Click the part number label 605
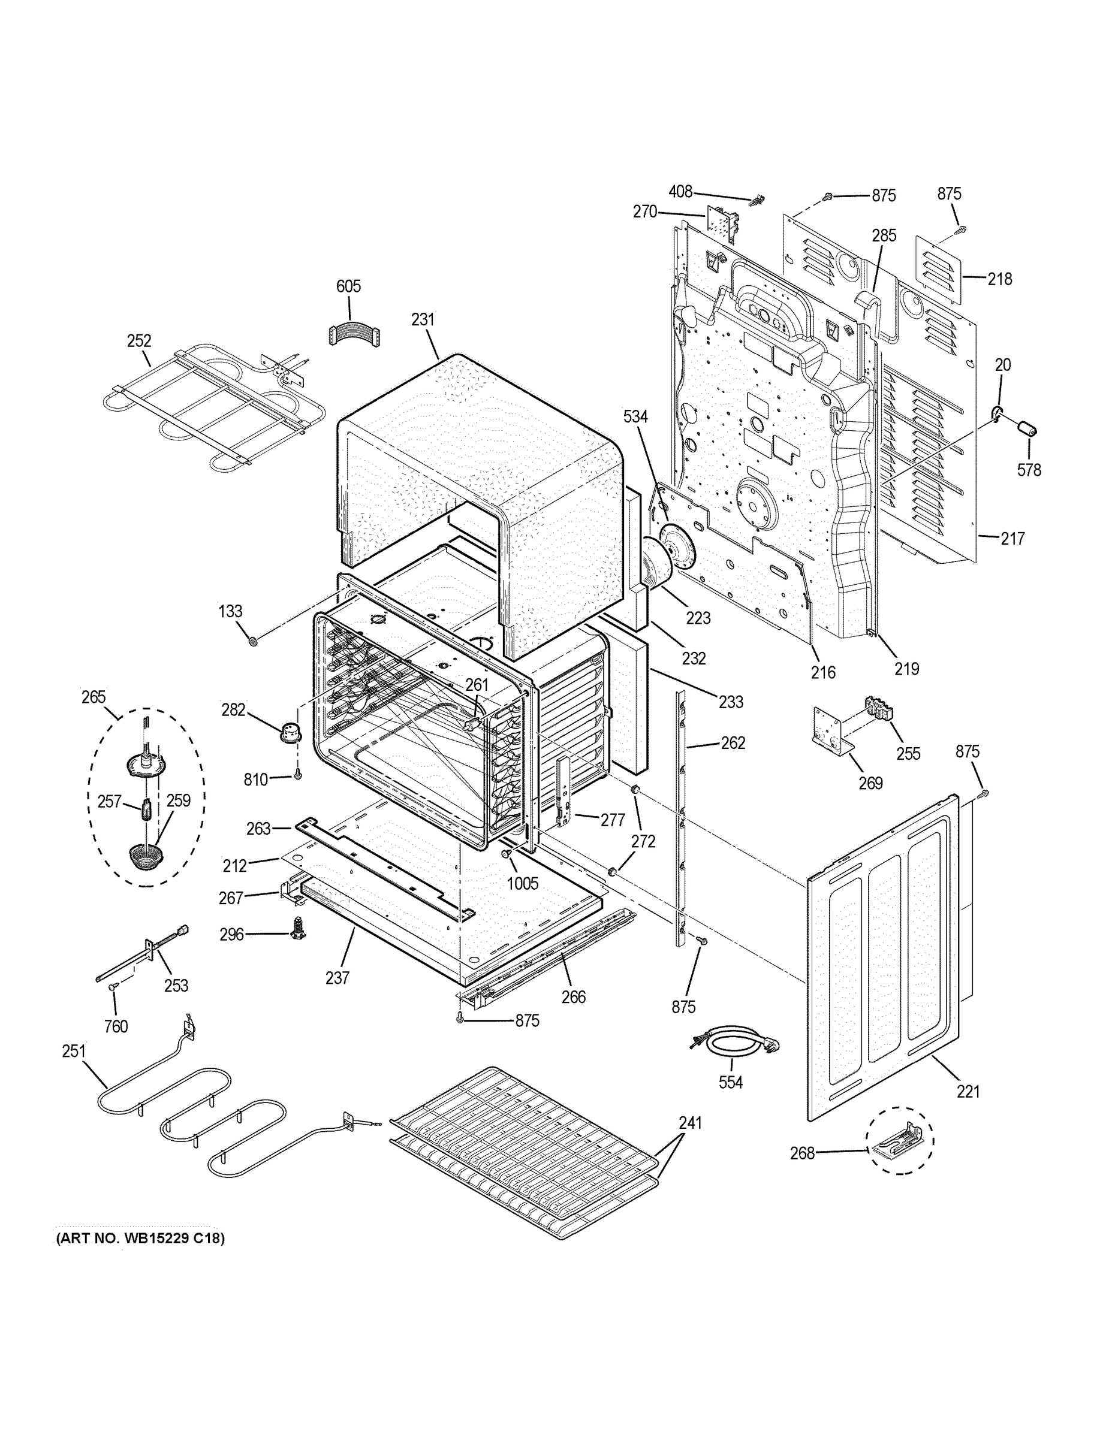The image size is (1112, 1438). click(x=348, y=286)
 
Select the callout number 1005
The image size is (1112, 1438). click(x=522, y=883)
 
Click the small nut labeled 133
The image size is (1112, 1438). click(x=252, y=641)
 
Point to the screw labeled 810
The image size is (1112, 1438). click(x=298, y=777)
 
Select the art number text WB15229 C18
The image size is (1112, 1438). click(x=140, y=1238)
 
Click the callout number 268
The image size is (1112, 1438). click(x=803, y=1153)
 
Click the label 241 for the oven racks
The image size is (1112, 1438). click(x=690, y=1123)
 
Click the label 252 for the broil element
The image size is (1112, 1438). click(x=139, y=340)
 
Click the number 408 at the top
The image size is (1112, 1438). click(x=680, y=192)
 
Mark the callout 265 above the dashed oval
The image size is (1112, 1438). click(x=94, y=697)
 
